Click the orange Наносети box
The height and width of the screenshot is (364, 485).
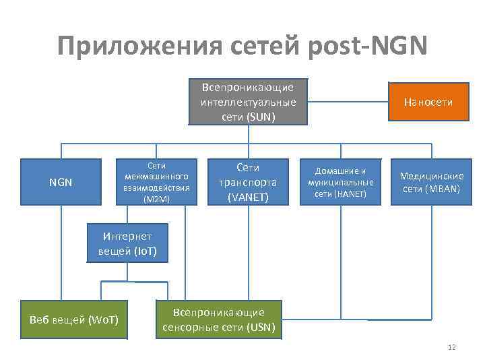[x=428, y=102]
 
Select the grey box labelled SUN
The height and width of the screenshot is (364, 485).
[x=248, y=102]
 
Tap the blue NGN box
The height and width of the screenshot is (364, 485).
[x=61, y=182]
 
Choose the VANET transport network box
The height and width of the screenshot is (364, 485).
[x=248, y=182]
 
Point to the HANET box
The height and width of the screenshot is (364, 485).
[x=340, y=182]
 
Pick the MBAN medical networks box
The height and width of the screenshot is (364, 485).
[x=431, y=182]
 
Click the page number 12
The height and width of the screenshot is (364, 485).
[x=451, y=347]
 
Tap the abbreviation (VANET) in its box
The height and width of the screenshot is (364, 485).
[x=248, y=197]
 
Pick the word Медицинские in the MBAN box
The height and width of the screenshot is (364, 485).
[x=431, y=176]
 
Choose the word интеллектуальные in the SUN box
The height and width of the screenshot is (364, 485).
[x=248, y=102]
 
